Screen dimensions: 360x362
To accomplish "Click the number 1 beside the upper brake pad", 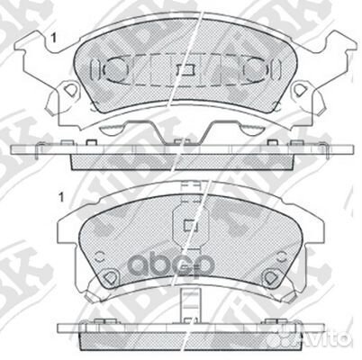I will (x=55, y=38).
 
